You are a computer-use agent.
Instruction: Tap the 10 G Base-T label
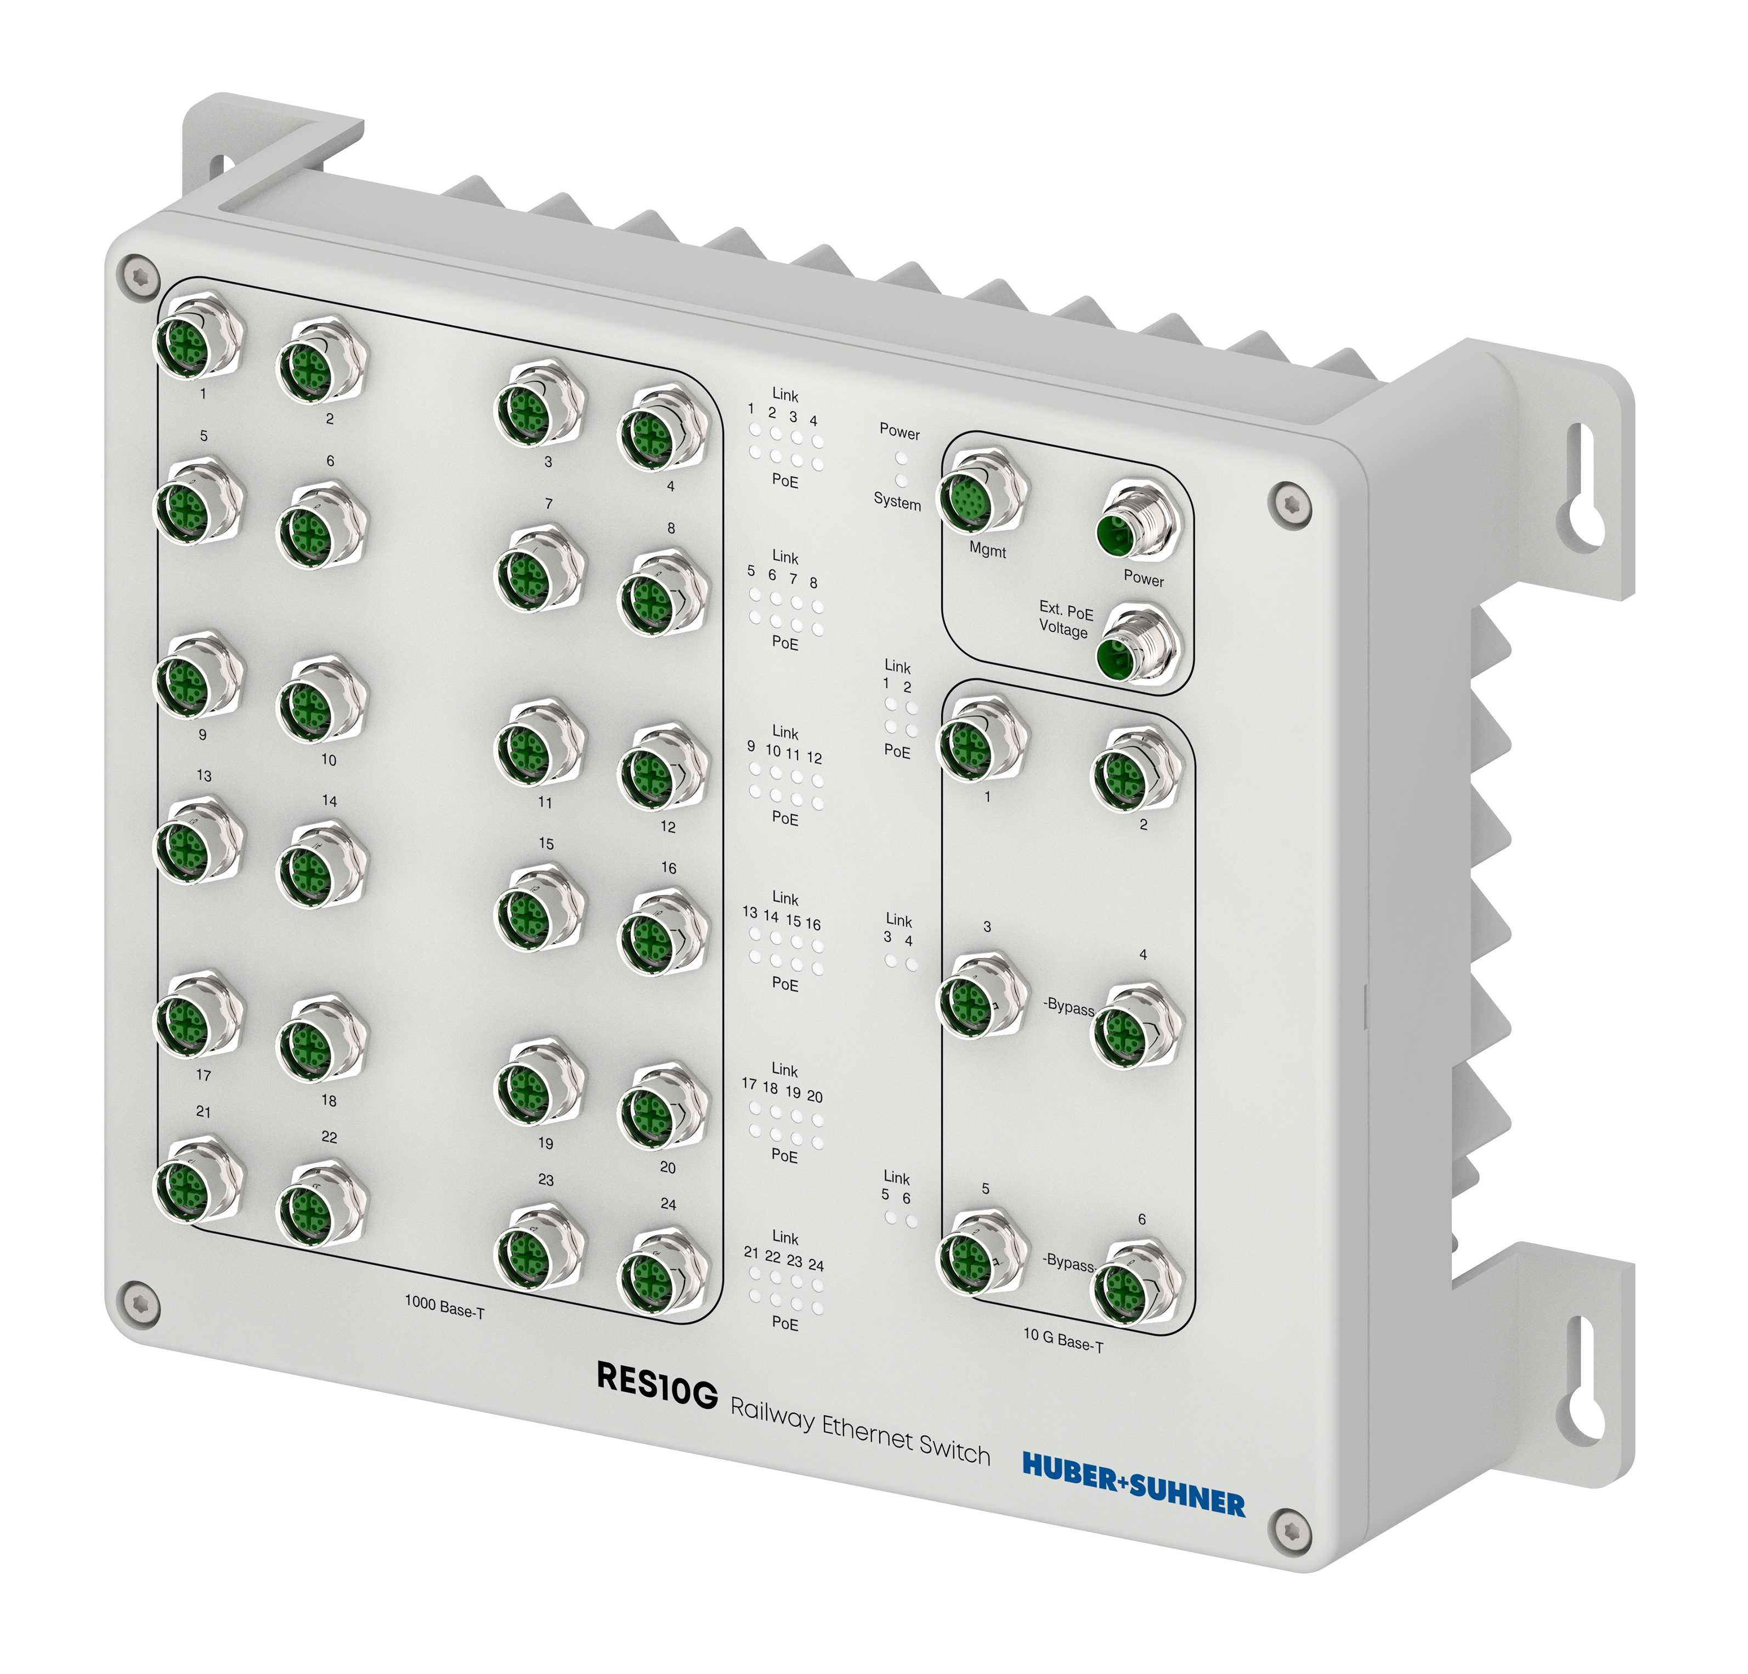tap(1062, 1339)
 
